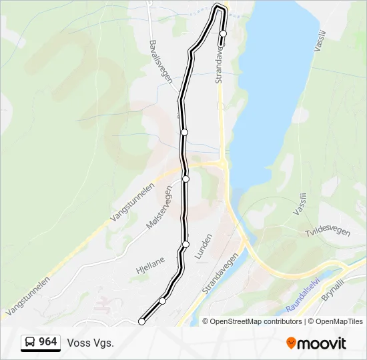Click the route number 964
(47, 342)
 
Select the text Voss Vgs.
(90, 343)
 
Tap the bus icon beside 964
(30, 343)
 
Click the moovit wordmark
(322, 343)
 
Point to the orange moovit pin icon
(291, 343)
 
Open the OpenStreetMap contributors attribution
(256, 321)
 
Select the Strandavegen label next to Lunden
(220, 275)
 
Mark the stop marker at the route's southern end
(141, 322)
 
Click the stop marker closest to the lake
(223, 33)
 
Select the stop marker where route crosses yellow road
(186, 179)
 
